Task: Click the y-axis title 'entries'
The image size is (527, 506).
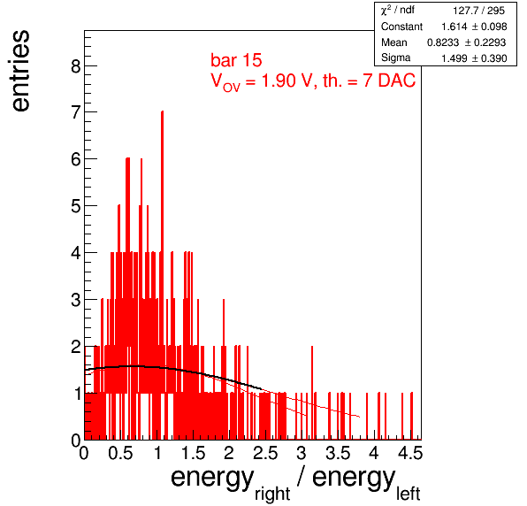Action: point(21,71)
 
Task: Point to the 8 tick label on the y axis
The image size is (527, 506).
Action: point(76,65)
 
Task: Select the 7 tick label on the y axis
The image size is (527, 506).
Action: point(76,112)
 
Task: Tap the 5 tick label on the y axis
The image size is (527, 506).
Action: point(76,206)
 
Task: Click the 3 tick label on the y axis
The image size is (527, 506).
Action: point(76,299)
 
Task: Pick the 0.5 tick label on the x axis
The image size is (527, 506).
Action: point(120,453)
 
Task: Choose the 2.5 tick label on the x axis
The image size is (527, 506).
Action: point(265,453)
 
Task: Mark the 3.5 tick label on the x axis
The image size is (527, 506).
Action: point(338,453)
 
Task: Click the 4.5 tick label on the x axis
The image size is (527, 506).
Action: point(410,453)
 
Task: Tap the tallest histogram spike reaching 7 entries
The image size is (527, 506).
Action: point(162,275)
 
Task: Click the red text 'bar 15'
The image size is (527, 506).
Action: point(236,60)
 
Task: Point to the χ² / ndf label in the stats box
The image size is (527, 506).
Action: point(398,10)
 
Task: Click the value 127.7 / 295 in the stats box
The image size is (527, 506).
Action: point(478,11)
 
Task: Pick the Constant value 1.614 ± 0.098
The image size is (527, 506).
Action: point(474,27)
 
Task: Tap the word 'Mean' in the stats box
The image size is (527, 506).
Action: point(393,42)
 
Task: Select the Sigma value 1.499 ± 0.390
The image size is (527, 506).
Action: point(474,58)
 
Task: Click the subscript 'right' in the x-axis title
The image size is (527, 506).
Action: point(272,494)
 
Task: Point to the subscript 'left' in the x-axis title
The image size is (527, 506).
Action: point(408,494)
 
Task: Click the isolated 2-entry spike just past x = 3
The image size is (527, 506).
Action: point(312,393)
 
